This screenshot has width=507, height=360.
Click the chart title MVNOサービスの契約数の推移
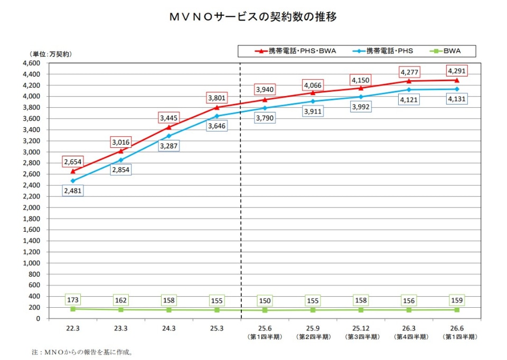pyautogui.click(x=253, y=17)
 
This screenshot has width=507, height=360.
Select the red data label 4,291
pyautogui.click(x=457, y=71)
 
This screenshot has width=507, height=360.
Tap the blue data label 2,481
pyautogui.click(x=73, y=191)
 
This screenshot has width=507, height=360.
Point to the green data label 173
pyautogui.click(x=73, y=300)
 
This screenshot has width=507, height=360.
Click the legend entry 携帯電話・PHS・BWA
pyautogui.click(x=295, y=51)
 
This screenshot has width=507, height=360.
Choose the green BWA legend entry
pyautogui.click(x=445, y=51)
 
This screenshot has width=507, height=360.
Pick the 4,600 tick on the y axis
pyautogui.click(x=31, y=63)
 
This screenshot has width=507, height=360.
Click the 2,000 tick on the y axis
pyautogui.click(x=31, y=207)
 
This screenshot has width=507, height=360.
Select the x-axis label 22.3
pyautogui.click(x=73, y=328)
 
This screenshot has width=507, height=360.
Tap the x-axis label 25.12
pyautogui.click(x=361, y=328)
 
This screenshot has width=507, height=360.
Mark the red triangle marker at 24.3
pyautogui.click(x=169, y=127)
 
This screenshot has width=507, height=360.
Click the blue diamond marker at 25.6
pyautogui.click(x=265, y=108)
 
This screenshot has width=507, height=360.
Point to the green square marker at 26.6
pyautogui.click(x=457, y=309)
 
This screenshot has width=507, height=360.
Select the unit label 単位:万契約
pyautogui.click(x=51, y=54)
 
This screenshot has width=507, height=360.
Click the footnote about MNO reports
pyautogui.click(x=82, y=352)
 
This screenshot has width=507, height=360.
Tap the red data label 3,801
pyautogui.click(x=217, y=98)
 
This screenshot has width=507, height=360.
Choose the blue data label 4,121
pyautogui.click(x=409, y=100)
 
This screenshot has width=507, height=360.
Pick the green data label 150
pyautogui.click(x=265, y=300)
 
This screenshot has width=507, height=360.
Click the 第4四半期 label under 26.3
pyautogui.click(x=411, y=337)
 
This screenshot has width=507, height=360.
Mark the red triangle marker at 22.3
pyautogui.click(x=73, y=171)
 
